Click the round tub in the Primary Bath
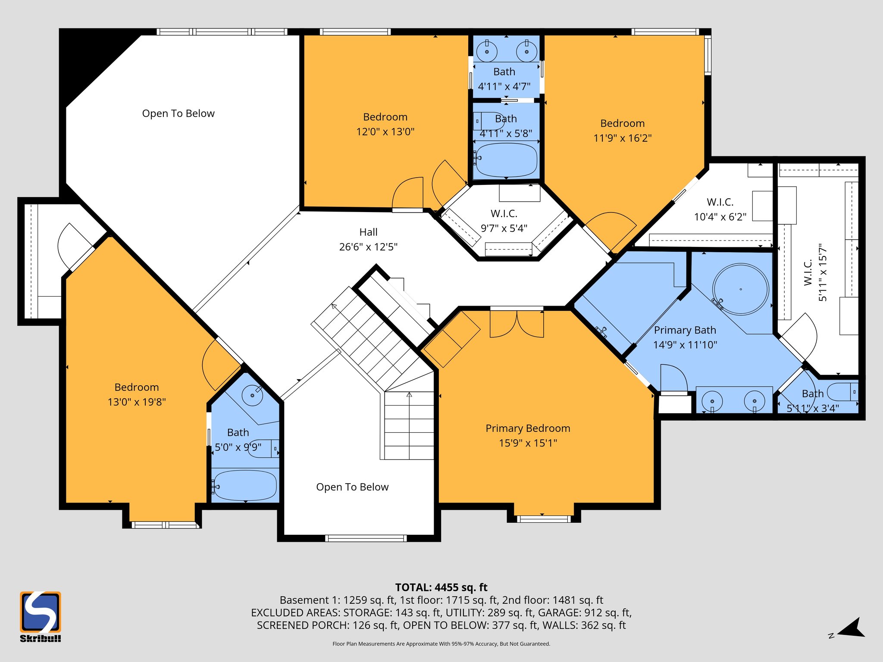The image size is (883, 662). (x=740, y=289)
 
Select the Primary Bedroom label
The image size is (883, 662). (x=528, y=428)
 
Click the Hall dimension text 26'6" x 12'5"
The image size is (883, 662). (x=368, y=247)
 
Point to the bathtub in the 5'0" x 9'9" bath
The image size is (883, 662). (x=244, y=485)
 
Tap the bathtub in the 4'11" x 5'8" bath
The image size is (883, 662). (x=506, y=159)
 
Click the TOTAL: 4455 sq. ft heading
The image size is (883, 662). (x=441, y=587)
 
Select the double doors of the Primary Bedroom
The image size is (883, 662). (x=517, y=323)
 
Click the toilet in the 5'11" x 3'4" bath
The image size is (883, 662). (x=843, y=392)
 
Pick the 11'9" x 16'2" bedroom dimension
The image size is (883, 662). (x=622, y=138)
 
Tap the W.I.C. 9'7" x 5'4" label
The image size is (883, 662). (x=504, y=221)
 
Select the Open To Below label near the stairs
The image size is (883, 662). (x=352, y=487)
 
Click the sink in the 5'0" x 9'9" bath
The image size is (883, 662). (x=252, y=395)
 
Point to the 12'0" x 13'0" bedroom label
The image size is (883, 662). (x=385, y=124)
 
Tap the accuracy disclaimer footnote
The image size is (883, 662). (x=441, y=644)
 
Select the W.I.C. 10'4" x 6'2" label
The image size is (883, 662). (x=720, y=209)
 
